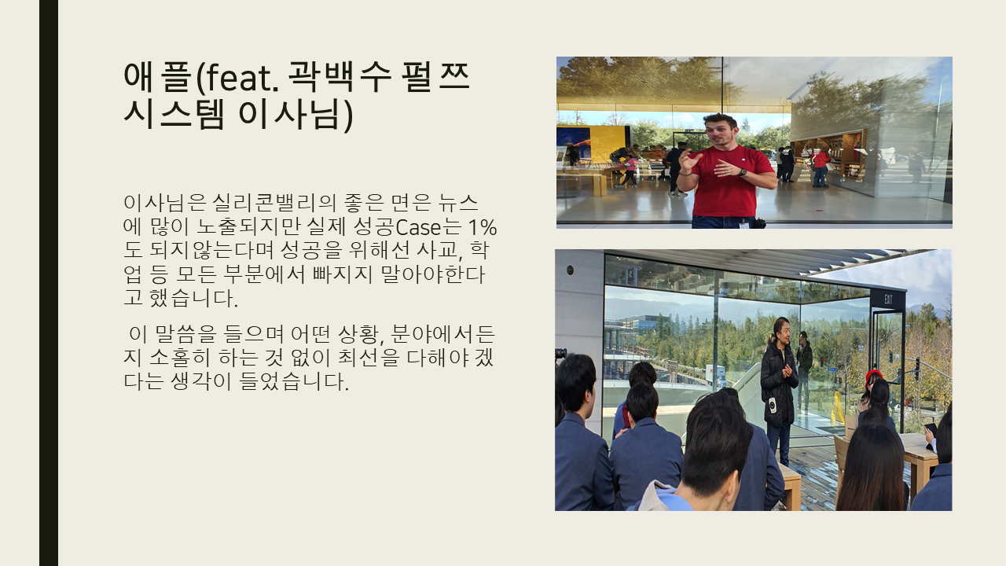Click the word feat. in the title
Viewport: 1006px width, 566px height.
coord(241,77)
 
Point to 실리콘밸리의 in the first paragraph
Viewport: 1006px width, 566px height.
coord(274,203)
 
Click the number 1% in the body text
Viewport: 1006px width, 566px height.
coord(483,227)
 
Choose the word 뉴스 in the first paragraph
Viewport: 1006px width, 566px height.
coord(457,203)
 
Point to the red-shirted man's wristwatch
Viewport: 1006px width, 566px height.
coord(743,172)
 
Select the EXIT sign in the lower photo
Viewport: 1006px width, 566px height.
coord(888,300)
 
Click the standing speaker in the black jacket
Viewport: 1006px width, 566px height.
coord(779,387)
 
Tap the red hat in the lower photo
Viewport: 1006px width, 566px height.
coord(873,377)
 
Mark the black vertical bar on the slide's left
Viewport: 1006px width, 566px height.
coord(49,283)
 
